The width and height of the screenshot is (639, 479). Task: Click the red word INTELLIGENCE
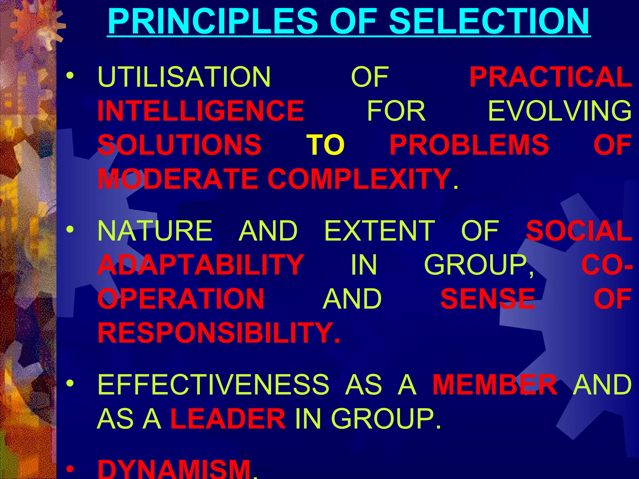[201, 111]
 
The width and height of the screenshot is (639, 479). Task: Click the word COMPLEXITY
[359, 179]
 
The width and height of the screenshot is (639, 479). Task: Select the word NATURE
[155, 231]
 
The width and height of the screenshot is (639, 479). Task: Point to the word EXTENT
[380, 231]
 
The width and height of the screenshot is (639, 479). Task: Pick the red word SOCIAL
[579, 231]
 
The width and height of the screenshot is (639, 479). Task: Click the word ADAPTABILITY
[201, 265]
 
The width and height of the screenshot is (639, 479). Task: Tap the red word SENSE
[488, 299]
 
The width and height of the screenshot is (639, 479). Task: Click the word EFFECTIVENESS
[213, 384]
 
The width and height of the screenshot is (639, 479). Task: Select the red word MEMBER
[495, 384]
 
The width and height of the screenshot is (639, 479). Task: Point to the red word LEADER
[228, 418]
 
